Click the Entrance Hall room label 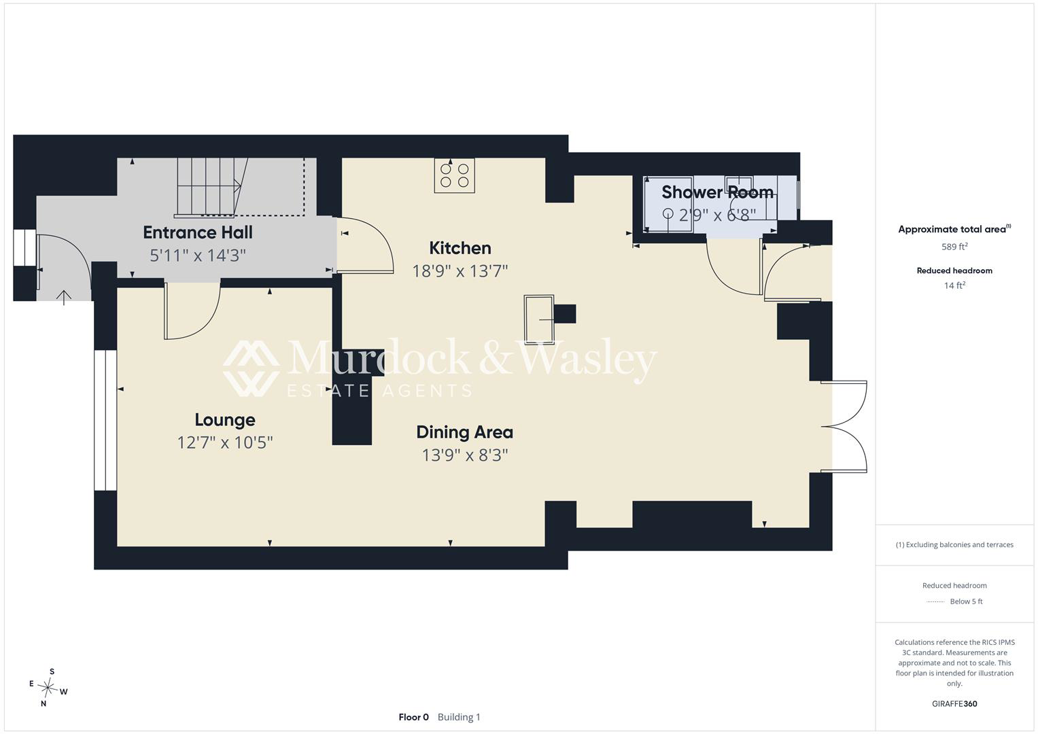point(198,232)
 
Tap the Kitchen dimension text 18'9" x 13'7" point(460,270)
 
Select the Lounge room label point(225,420)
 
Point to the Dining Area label point(465,432)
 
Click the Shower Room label point(717,192)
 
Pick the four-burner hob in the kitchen point(454,175)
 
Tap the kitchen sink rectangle point(539,319)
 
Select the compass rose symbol point(48,688)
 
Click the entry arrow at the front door point(64,298)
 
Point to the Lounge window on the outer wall point(105,420)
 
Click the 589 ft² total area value point(954,246)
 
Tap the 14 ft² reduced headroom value point(954,285)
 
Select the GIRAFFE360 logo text point(954,703)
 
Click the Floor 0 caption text point(413,717)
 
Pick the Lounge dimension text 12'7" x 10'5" point(225,442)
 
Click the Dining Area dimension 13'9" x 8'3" point(465,455)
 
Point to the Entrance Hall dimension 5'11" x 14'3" point(198,256)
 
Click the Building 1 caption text point(459,717)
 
